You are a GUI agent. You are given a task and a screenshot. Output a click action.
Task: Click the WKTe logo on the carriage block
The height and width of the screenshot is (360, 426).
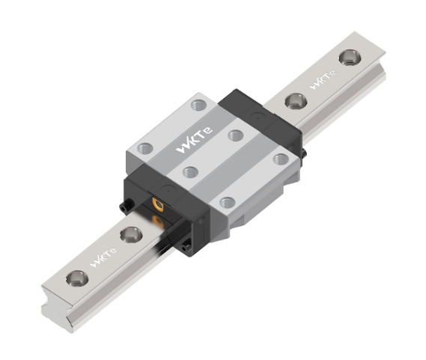(194, 141)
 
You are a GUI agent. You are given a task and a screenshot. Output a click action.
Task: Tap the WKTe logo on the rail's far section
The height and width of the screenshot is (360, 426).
(323, 79)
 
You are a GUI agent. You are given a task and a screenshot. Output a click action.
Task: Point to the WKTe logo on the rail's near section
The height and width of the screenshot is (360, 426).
(103, 257)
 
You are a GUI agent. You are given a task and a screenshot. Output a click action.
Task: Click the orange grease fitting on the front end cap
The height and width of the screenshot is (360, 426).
(158, 204)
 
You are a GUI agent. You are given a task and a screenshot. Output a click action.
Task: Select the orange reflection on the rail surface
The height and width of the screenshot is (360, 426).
(157, 222)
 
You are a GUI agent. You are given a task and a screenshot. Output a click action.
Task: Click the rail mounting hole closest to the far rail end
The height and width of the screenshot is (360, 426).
(350, 58)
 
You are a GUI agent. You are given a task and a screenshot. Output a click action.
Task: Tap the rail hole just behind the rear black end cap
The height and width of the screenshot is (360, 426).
(296, 101)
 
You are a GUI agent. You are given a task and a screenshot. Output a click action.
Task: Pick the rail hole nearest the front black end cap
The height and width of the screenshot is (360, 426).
(131, 234)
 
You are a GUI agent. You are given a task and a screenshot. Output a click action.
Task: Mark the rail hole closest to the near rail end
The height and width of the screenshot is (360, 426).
(77, 278)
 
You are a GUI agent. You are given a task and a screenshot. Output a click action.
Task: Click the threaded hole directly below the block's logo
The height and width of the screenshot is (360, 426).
(190, 172)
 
